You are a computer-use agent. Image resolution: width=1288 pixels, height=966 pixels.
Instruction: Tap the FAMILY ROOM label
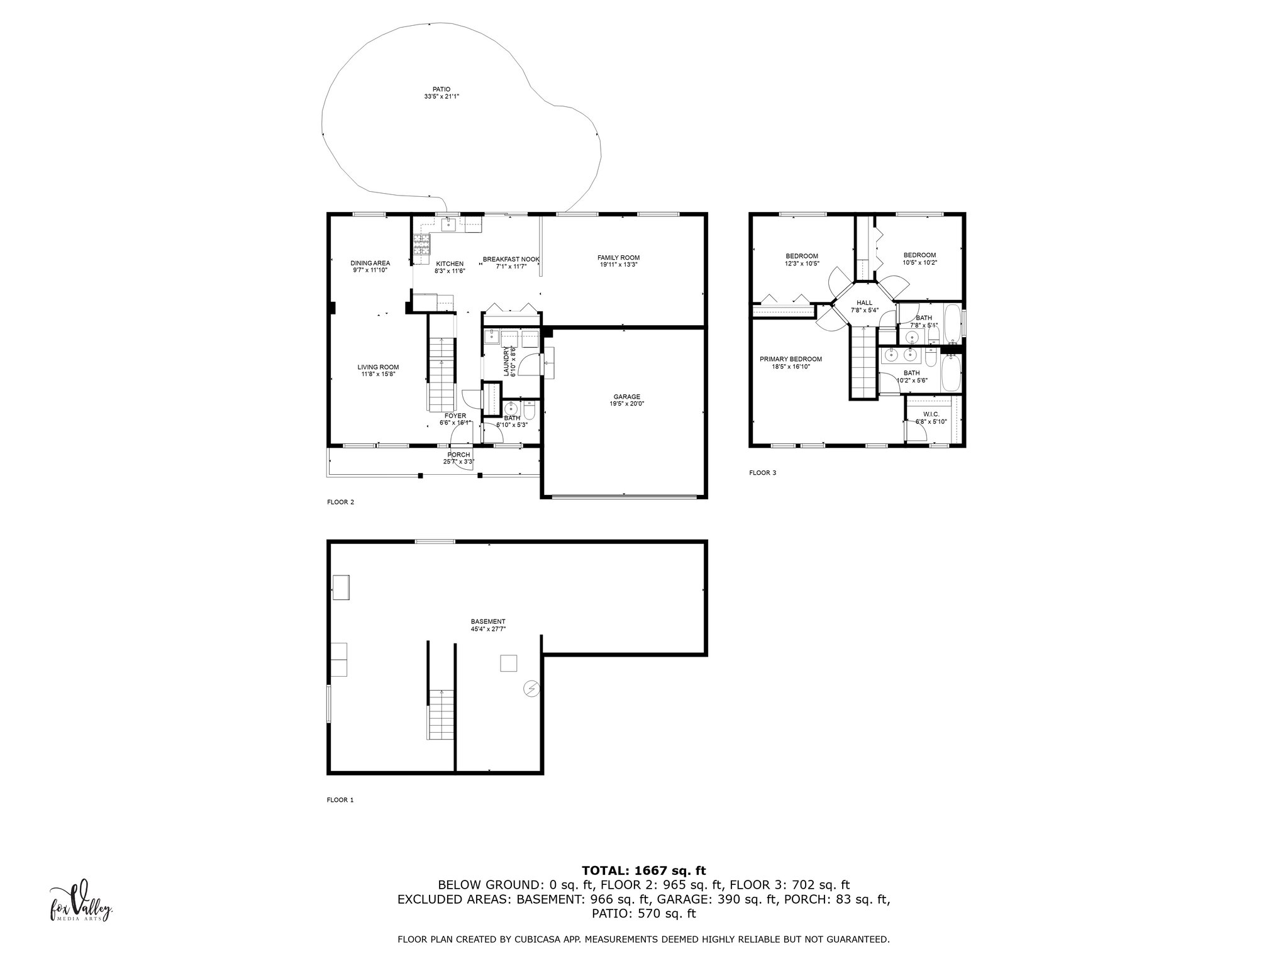[618, 258]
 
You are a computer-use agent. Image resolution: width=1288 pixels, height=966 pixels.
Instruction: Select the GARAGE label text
[627, 397]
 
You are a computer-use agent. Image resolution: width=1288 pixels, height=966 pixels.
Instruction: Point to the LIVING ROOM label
[378, 367]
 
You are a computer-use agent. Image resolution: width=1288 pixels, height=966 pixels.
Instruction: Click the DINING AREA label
[370, 263]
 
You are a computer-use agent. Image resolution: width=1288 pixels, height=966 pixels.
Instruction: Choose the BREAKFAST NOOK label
[511, 259]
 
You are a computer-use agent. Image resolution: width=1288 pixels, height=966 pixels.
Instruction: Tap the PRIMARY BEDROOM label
[791, 359]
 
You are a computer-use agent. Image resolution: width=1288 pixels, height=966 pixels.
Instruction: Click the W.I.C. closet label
[931, 414]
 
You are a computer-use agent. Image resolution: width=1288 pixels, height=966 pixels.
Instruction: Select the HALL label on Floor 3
[864, 303]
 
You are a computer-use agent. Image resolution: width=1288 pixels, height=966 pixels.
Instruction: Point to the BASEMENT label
[488, 621]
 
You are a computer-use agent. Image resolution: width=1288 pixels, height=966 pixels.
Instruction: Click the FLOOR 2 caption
[340, 502]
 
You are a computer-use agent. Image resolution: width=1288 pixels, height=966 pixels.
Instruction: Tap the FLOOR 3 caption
[762, 473]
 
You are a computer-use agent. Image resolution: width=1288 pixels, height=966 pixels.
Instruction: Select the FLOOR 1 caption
[340, 800]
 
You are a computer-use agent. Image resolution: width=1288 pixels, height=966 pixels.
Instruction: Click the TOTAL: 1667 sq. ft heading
[643, 871]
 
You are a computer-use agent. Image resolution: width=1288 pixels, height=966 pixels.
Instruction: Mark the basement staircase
[441, 714]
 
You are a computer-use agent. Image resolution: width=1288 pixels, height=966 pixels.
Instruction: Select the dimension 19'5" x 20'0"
[627, 404]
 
